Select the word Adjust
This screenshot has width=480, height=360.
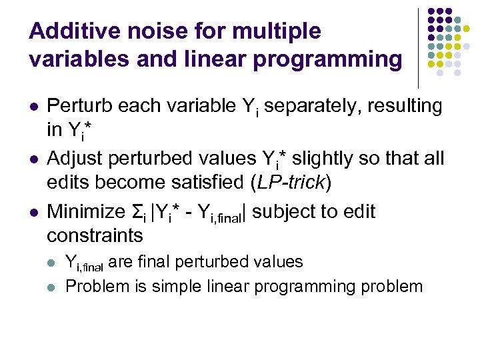(x=74, y=159)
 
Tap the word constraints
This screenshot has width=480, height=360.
(x=95, y=235)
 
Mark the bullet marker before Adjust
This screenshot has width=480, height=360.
(x=33, y=159)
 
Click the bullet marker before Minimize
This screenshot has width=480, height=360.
(x=33, y=213)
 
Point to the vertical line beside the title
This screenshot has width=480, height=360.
(x=418, y=47)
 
